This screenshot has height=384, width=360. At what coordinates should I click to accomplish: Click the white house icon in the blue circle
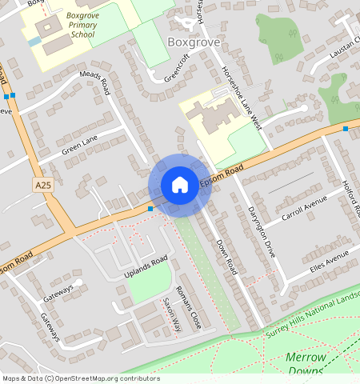click(x=180, y=185)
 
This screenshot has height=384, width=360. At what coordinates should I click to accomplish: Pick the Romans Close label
click(x=188, y=307)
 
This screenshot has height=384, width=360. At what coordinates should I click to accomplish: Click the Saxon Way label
click(x=172, y=314)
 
